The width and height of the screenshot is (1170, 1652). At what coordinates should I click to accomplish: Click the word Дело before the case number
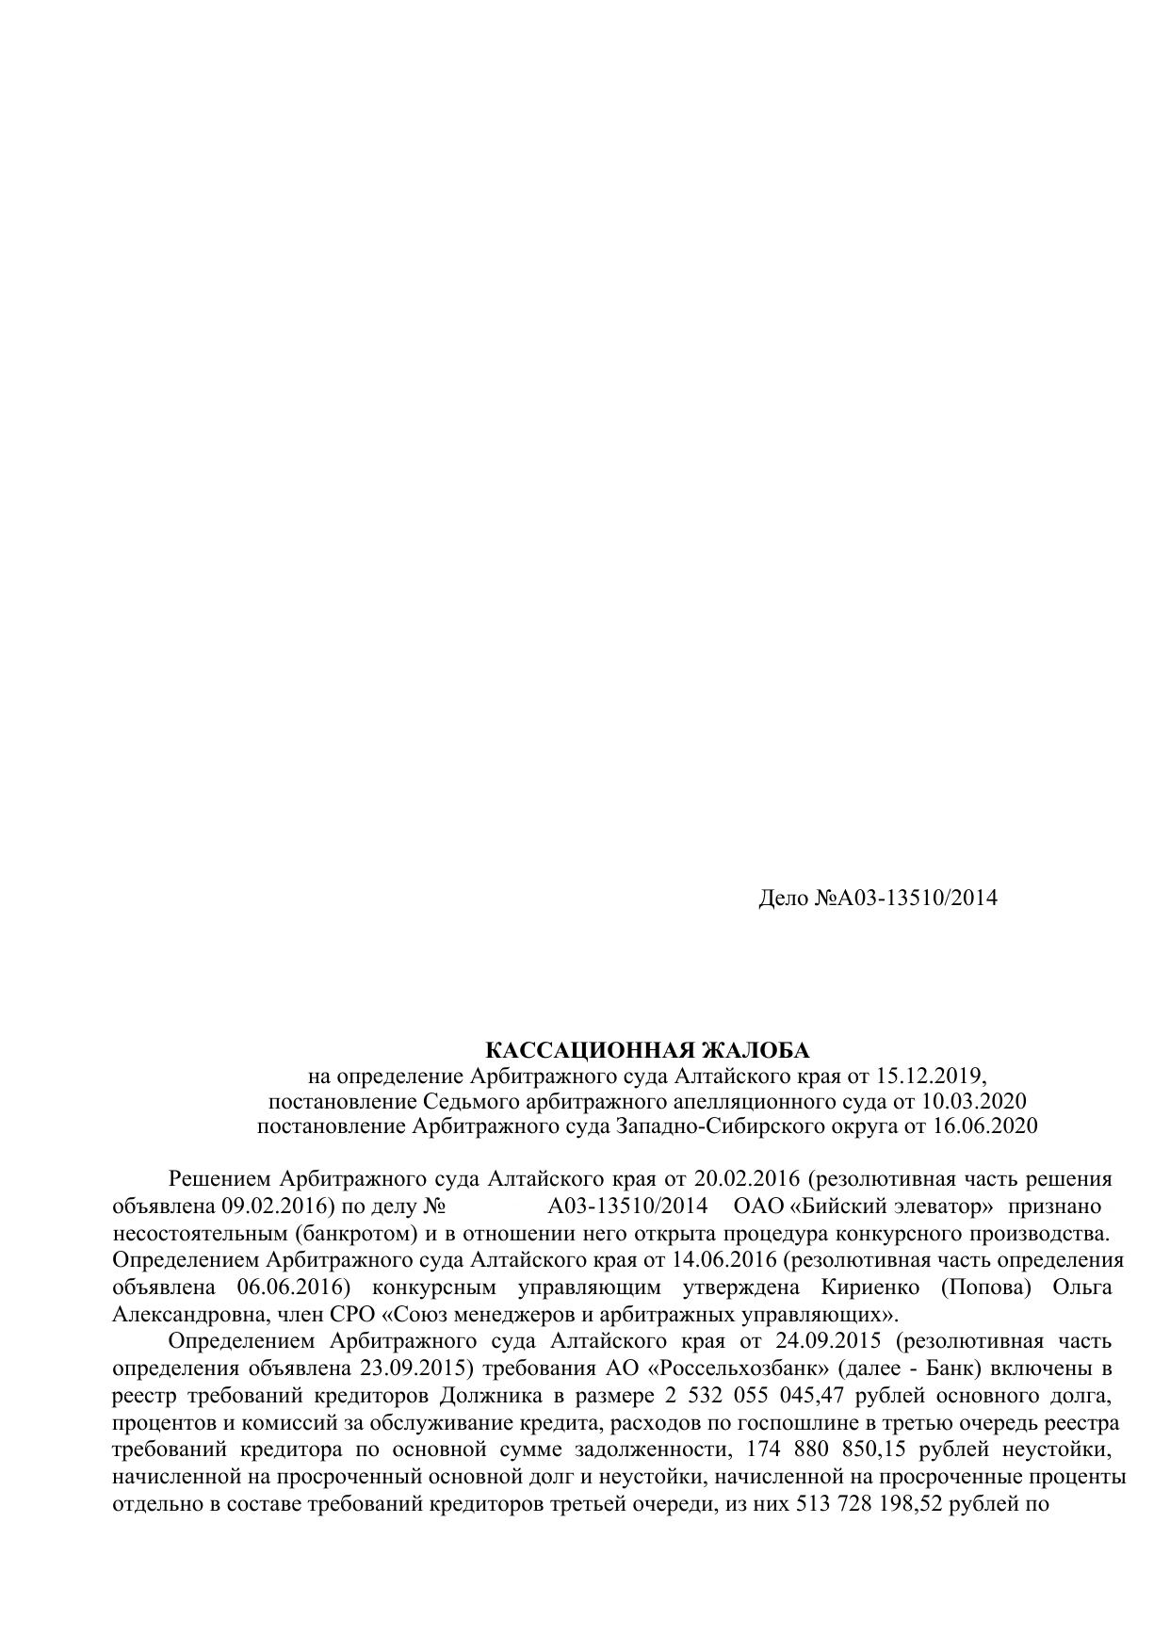point(783,898)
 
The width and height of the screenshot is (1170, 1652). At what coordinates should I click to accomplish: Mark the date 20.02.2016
point(746,1179)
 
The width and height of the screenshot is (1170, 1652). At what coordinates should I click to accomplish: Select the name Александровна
point(182,1314)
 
